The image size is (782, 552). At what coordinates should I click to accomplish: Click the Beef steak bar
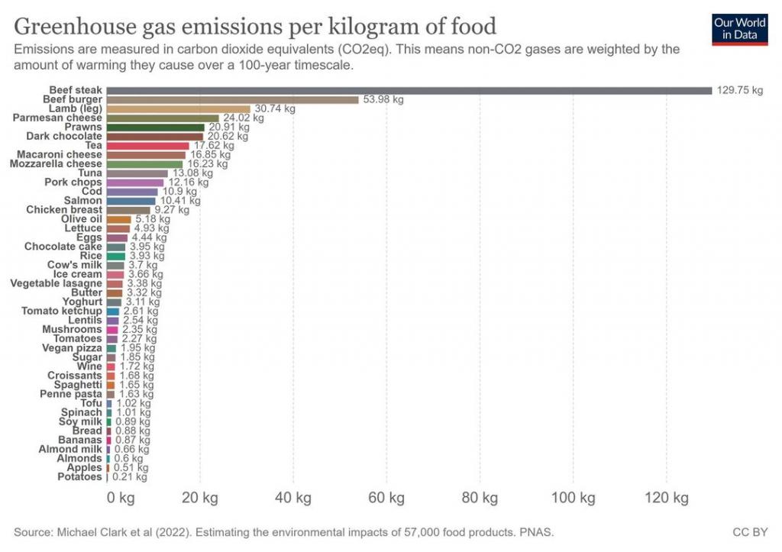click(409, 90)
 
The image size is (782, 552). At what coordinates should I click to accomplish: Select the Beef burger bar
click(232, 99)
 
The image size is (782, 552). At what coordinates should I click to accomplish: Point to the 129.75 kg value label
click(739, 90)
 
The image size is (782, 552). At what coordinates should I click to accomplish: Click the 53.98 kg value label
click(383, 99)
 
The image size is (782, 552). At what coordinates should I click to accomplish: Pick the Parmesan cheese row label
click(57, 118)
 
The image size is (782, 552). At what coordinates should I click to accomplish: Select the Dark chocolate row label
click(63, 136)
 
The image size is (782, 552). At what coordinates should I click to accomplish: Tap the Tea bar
click(147, 145)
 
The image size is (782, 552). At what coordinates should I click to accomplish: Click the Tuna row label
click(90, 173)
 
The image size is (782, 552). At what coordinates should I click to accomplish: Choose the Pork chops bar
click(135, 182)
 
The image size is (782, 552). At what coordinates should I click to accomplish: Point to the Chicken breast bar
click(128, 210)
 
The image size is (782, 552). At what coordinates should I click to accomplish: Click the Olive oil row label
click(81, 219)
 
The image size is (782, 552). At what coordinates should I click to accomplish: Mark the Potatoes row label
click(79, 476)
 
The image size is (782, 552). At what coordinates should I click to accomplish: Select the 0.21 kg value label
click(130, 476)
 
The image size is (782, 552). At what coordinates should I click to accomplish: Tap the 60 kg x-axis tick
click(386, 499)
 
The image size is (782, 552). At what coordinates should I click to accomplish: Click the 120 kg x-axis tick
click(666, 499)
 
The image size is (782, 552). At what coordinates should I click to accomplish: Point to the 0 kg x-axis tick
click(120, 499)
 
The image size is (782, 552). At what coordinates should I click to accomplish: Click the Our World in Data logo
click(739, 29)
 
